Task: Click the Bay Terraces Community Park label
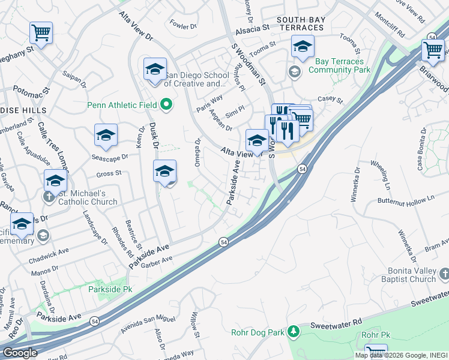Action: (x=339, y=66)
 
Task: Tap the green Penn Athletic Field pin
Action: (x=166, y=105)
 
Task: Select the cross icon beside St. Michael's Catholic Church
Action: (x=48, y=197)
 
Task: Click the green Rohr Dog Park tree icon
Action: (x=293, y=331)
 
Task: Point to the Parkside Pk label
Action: (x=105, y=289)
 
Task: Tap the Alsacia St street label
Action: (x=252, y=29)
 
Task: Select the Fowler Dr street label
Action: (x=183, y=26)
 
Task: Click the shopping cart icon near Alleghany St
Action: (x=41, y=32)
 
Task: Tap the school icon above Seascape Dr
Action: (x=106, y=135)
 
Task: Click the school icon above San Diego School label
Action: (x=155, y=68)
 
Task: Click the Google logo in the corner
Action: (x=19, y=353)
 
